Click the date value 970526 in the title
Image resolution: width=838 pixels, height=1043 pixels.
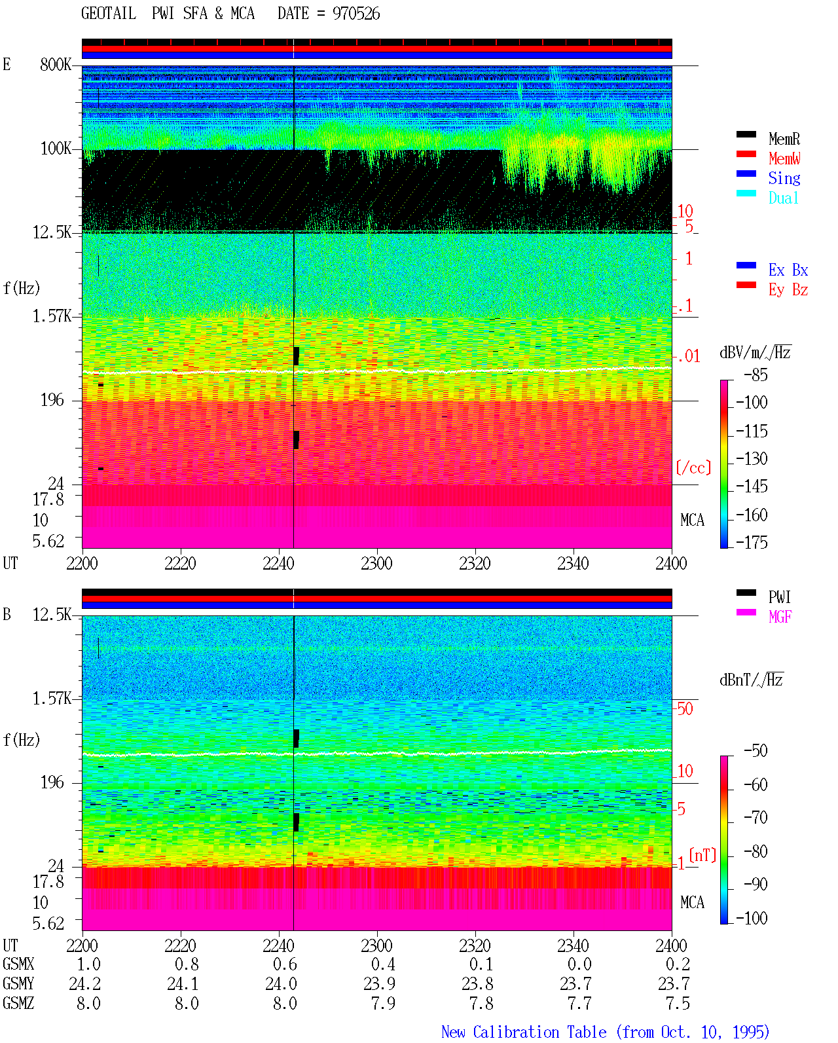355,14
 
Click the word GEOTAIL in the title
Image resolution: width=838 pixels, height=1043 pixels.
109,14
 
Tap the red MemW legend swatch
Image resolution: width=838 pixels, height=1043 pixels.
746,154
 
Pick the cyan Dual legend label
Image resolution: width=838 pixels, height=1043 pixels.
784,198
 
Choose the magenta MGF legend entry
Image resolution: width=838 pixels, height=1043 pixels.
780,617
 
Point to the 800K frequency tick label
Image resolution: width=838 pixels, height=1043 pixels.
56,64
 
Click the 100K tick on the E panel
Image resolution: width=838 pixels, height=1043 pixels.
56,149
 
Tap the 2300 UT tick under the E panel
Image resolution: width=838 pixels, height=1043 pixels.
376,564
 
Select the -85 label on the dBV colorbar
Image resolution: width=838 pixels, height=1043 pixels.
756,375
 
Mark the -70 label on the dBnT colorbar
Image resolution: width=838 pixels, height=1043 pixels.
756,818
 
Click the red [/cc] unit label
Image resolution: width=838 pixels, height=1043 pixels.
693,467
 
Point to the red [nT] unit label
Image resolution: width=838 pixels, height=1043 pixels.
702,855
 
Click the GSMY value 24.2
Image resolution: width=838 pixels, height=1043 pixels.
85,983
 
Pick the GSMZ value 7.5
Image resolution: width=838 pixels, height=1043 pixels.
678,1003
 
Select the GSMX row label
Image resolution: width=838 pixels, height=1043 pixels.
18,964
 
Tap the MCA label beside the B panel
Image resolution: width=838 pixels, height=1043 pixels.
692,902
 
